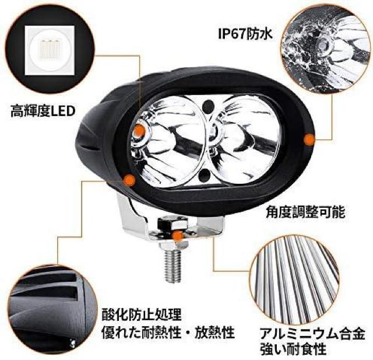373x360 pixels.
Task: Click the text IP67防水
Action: (x=245, y=34)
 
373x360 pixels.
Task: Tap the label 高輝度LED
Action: (x=43, y=111)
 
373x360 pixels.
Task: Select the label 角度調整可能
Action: (x=305, y=212)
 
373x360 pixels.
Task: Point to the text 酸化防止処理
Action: (x=142, y=314)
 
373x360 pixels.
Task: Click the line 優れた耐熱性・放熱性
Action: (x=168, y=333)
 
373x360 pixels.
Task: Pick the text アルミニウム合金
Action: (x=312, y=334)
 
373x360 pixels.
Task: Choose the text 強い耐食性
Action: (x=293, y=349)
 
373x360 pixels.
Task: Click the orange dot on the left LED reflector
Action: (x=139, y=131)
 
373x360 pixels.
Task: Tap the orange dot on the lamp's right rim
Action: (x=309, y=139)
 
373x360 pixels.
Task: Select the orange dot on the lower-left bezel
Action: (x=129, y=180)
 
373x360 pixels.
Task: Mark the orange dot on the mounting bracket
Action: (x=178, y=236)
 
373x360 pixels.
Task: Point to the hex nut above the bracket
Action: (x=173, y=223)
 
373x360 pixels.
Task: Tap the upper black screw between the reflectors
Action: (x=209, y=106)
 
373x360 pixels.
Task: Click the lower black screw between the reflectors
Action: (x=204, y=175)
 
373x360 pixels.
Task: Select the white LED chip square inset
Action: (x=50, y=51)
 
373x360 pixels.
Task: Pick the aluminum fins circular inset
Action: (x=294, y=280)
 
